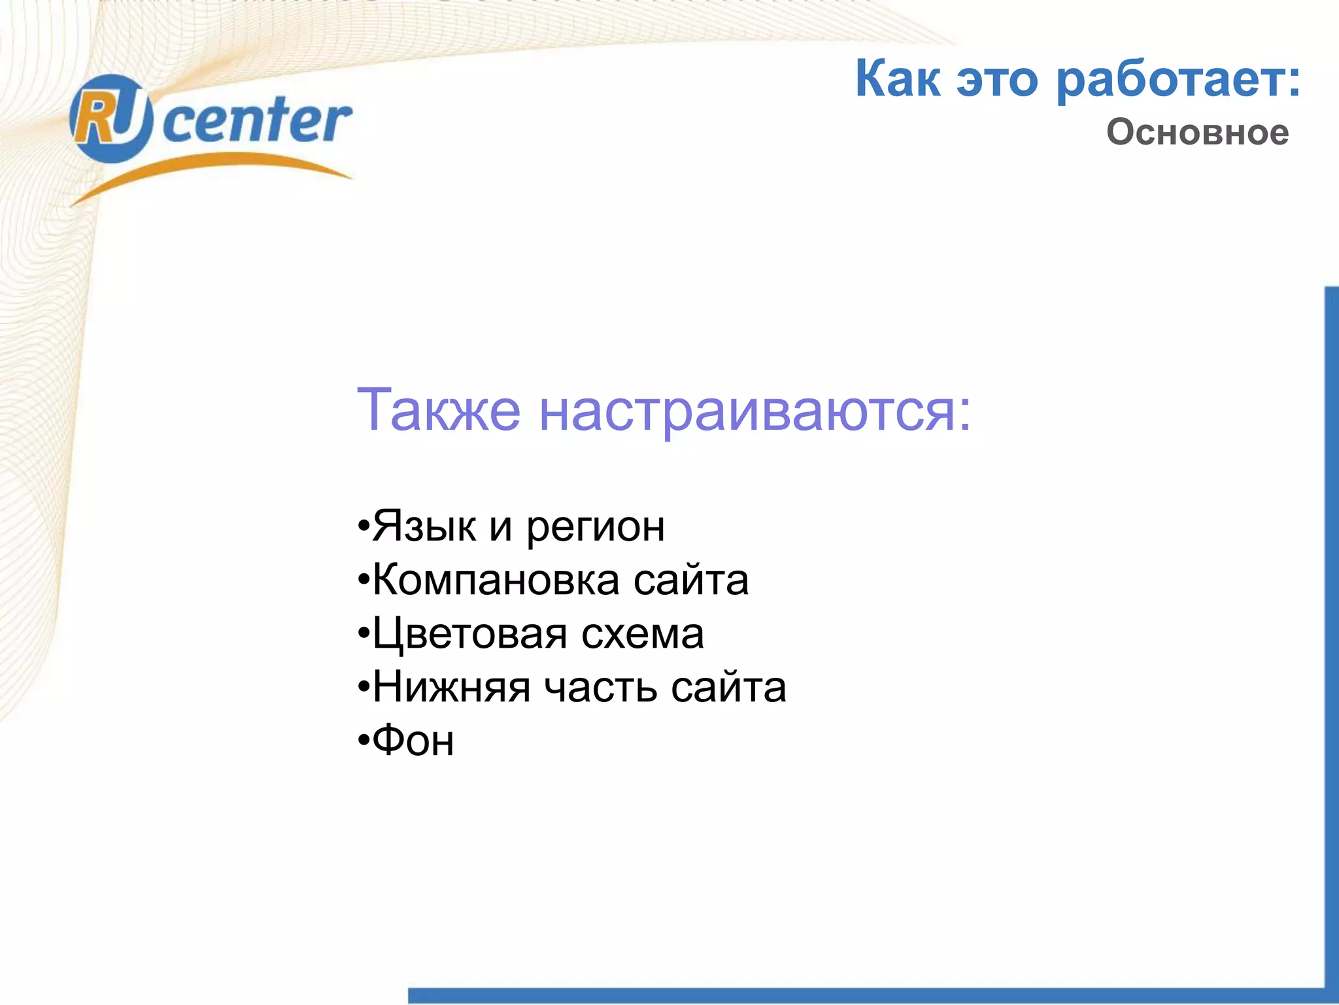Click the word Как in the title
tap(898, 79)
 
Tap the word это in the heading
tap(997, 80)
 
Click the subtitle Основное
tap(1197, 132)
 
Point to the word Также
tap(438, 410)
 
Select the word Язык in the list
tap(424, 526)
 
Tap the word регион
tap(596, 529)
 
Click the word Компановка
tap(496, 580)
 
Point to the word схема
tap(643, 635)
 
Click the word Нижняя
tap(451, 688)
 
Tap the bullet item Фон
tap(413, 741)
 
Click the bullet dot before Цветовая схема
tap(364, 635)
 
